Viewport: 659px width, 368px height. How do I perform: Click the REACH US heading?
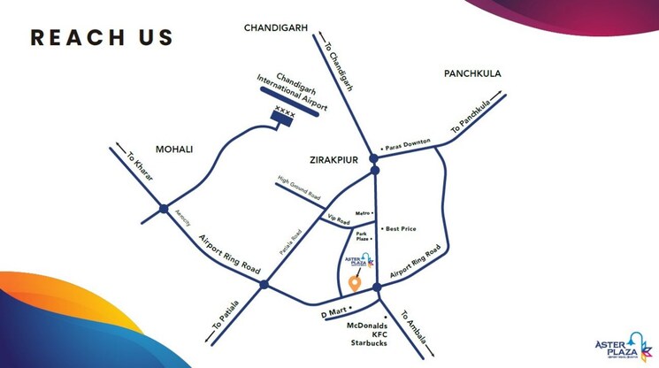coord(102,37)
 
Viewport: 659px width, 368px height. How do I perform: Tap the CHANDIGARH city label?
coord(275,28)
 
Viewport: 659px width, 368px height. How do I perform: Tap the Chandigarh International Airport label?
coord(293,91)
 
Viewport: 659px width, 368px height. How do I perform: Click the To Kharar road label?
coord(140,167)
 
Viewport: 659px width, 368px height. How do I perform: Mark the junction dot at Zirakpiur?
coord(374,159)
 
